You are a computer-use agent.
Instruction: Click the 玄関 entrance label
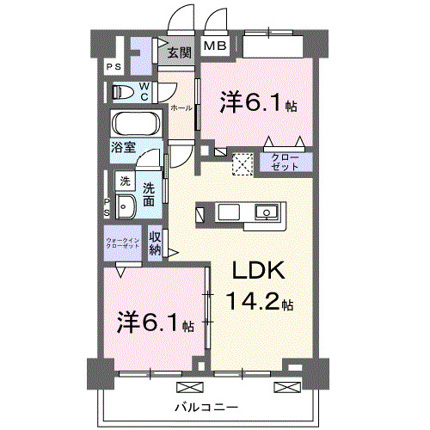pos(179,52)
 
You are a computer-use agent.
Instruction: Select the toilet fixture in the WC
pos(126,91)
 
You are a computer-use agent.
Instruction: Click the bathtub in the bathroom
pos(133,125)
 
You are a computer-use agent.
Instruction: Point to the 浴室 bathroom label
pos(123,147)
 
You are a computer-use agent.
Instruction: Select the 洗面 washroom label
pos(150,193)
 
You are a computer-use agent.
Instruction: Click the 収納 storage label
pos(155,243)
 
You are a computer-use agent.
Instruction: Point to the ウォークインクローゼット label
pos(123,243)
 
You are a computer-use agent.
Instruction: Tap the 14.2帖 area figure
pos(261,302)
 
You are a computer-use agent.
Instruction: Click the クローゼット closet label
pos(285,161)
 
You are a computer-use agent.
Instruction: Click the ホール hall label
pos(181,108)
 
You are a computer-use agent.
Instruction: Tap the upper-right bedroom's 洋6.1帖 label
pos(258,105)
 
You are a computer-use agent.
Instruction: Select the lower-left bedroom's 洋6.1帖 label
pos(155,324)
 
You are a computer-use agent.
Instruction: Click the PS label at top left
pos(113,67)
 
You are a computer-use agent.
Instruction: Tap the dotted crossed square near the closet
pos(243,163)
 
